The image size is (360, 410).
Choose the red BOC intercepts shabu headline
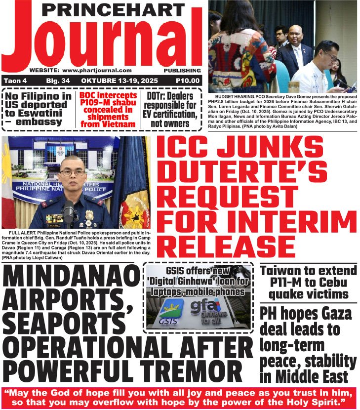click(108, 109)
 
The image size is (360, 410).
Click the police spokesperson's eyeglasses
click(72, 172)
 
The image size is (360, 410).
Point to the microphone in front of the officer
click(69, 210)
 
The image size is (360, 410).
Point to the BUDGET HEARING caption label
click(231, 98)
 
